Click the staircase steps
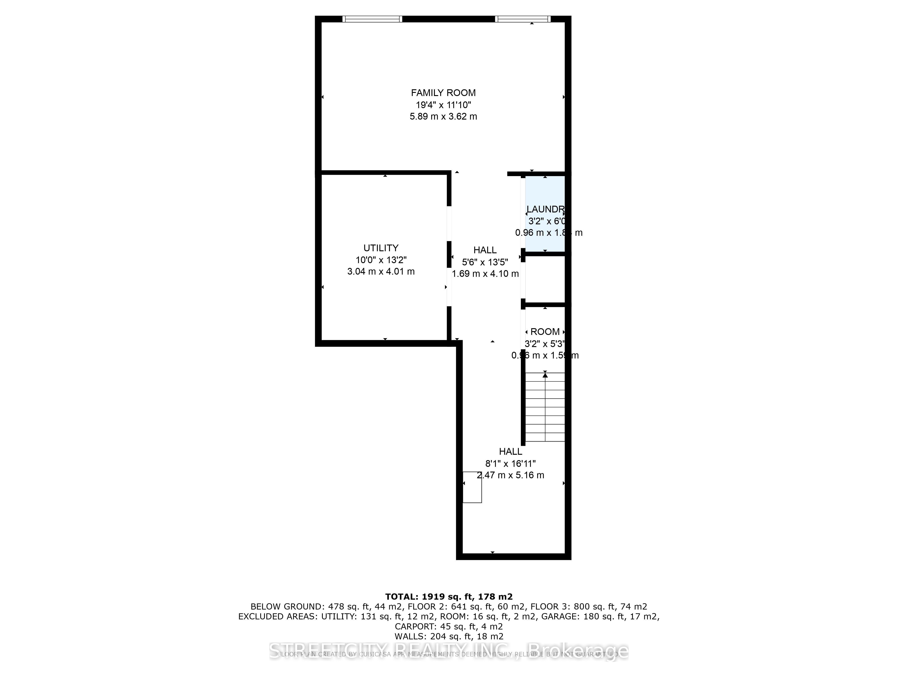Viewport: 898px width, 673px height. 545,407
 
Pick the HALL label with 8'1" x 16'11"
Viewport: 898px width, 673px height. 510,452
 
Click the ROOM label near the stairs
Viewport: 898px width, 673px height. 545,332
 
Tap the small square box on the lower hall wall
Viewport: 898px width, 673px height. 472,487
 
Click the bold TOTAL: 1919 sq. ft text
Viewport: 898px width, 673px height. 449,597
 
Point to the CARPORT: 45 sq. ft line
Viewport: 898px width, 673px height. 449,627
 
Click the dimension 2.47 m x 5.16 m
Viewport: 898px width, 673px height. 510,475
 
